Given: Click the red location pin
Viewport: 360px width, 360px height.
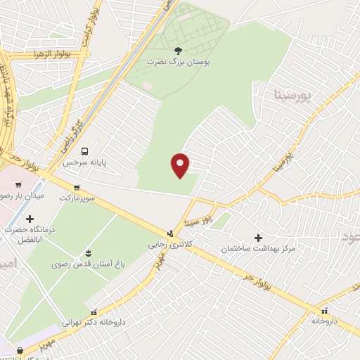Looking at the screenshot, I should tap(180, 165).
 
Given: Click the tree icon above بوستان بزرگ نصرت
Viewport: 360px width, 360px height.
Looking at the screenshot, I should tap(177, 50).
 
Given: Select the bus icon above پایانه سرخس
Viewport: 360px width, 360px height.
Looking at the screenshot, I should tap(84, 150).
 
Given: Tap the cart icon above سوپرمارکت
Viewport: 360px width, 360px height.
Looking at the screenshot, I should tap(77, 188).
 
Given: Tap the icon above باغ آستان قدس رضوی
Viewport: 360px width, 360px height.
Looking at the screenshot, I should tap(88, 253).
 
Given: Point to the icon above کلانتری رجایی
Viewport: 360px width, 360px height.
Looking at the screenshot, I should tap(169, 233).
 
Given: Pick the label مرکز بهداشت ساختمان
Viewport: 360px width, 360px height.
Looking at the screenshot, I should tap(259, 249).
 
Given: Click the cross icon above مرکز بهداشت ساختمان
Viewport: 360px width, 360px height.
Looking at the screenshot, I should tap(258, 238).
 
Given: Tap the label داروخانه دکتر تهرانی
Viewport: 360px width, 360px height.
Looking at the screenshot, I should tap(94, 322).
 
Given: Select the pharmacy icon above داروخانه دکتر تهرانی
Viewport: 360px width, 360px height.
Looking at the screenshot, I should tap(94, 311).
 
